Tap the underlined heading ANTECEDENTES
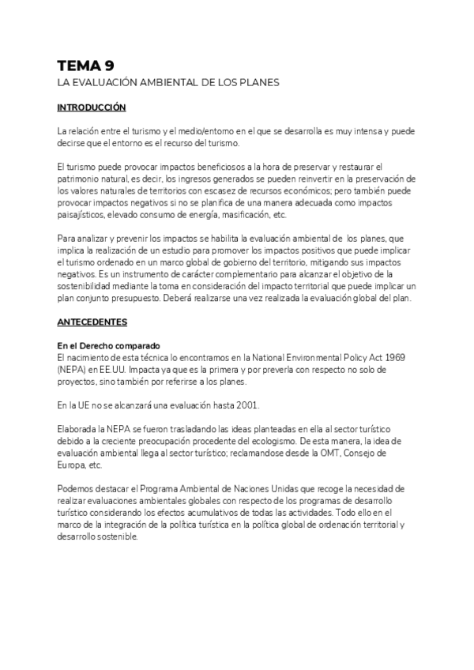click(x=91, y=324)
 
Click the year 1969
click(x=392, y=358)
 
